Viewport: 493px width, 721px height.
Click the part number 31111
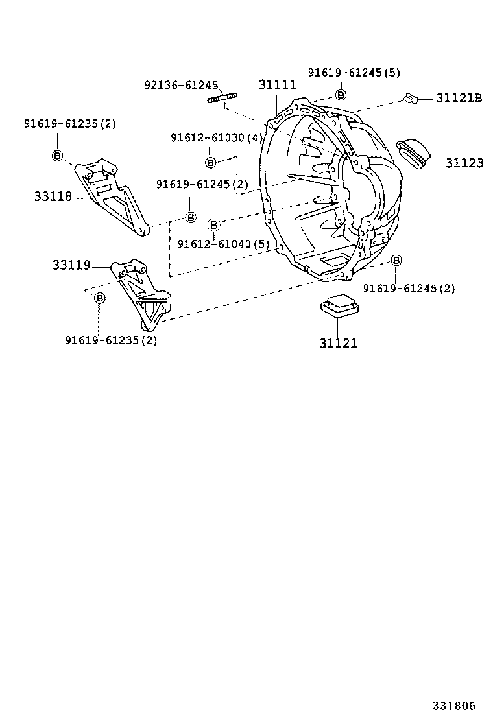tap(277, 85)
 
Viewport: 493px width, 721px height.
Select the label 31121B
tap(459, 98)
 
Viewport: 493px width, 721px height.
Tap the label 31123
tap(464, 163)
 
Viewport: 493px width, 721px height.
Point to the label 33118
tap(53, 196)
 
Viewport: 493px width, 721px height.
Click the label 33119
tap(71, 265)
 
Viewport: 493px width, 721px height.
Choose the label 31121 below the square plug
tap(338, 343)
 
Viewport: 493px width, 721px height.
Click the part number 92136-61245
tap(182, 85)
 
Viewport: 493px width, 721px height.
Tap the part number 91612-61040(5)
tap(223, 244)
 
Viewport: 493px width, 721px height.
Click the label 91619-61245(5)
tap(354, 73)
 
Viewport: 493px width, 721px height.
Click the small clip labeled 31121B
tap(410, 98)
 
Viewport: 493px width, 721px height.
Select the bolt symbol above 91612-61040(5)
tap(214, 225)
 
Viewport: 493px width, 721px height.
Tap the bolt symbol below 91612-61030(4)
tap(210, 162)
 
